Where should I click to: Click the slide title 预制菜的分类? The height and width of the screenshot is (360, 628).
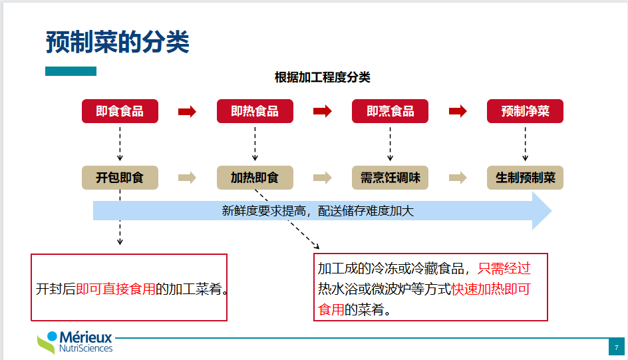pos(117,42)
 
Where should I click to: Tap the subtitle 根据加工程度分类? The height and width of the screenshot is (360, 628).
pos(323,77)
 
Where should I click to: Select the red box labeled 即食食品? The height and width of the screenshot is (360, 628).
pos(120,111)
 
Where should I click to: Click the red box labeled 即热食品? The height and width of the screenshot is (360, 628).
pos(255,111)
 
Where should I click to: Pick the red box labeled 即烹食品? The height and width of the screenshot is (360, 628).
pos(390,111)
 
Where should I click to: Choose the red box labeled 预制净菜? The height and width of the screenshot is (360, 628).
pos(525,111)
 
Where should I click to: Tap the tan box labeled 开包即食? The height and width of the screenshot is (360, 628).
pos(120,178)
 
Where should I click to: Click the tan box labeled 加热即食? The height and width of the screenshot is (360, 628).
pos(255,178)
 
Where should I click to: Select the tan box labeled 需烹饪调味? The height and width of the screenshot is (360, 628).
pos(390,178)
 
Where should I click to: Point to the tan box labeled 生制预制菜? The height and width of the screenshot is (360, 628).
pos(525,178)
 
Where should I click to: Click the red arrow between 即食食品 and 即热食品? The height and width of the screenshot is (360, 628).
pos(188,111)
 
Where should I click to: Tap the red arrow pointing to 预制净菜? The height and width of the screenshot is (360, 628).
pos(458,111)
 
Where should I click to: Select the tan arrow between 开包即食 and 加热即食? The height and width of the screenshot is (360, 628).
pos(188,178)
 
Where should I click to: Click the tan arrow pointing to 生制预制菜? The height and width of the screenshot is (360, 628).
pos(458,178)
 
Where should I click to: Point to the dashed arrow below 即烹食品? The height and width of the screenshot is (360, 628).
pos(390,144)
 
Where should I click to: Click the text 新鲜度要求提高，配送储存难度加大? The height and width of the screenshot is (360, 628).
pos(317,211)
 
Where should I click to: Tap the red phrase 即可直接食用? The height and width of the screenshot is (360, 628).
pos(116,289)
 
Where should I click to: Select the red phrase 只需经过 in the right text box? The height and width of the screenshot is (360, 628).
pos(504,269)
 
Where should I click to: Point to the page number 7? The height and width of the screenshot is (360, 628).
pos(616,347)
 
